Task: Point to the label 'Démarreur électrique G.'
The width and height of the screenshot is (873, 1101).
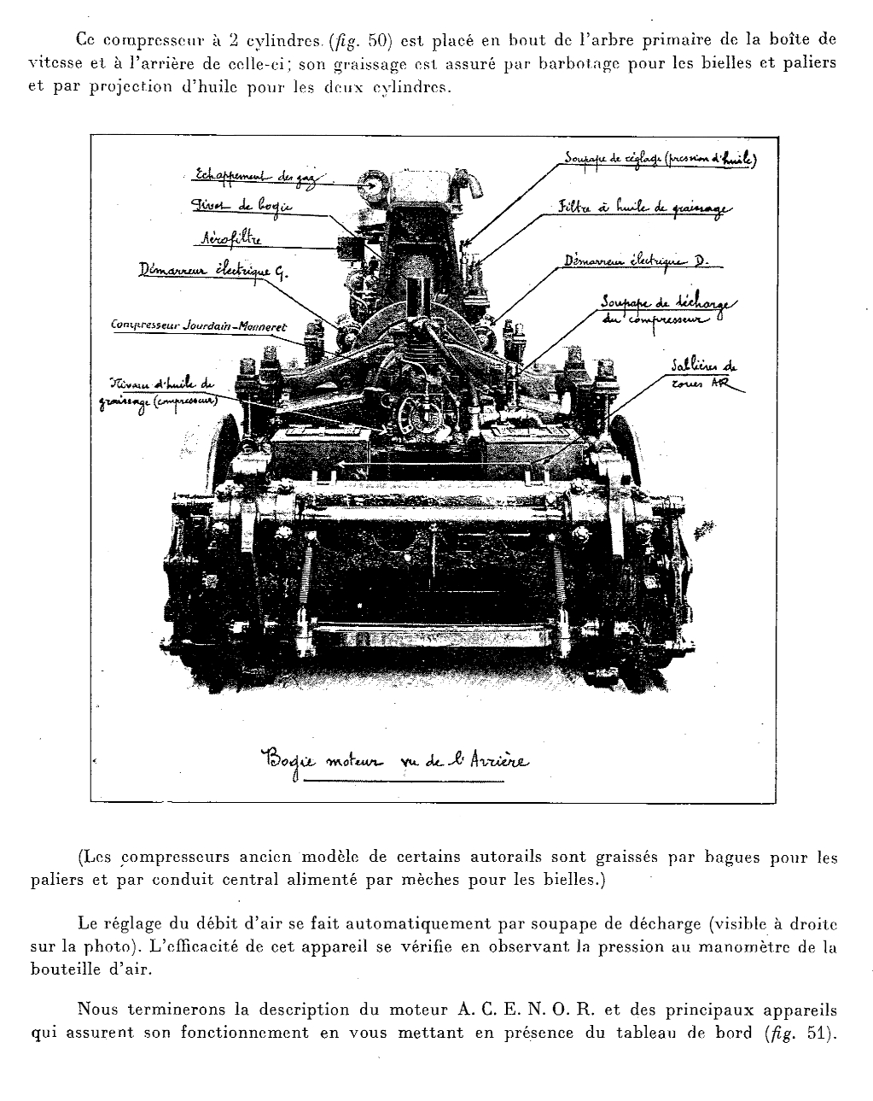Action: coord(214,272)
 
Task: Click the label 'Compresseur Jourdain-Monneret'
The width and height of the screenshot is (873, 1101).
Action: coord(200,326)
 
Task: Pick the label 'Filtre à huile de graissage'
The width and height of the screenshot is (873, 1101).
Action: coord(644,208)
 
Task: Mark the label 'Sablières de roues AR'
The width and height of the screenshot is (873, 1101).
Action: coord(704,375)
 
